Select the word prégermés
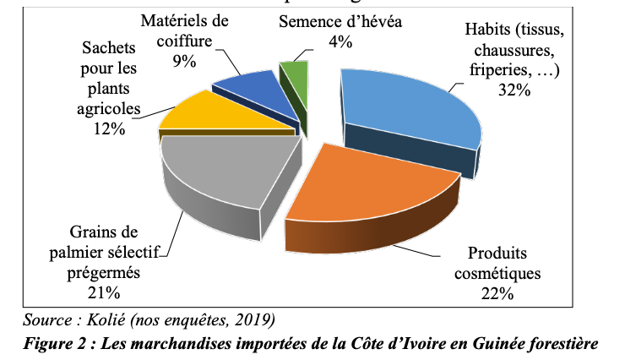coord(102,272)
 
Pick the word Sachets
coord(111,50)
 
